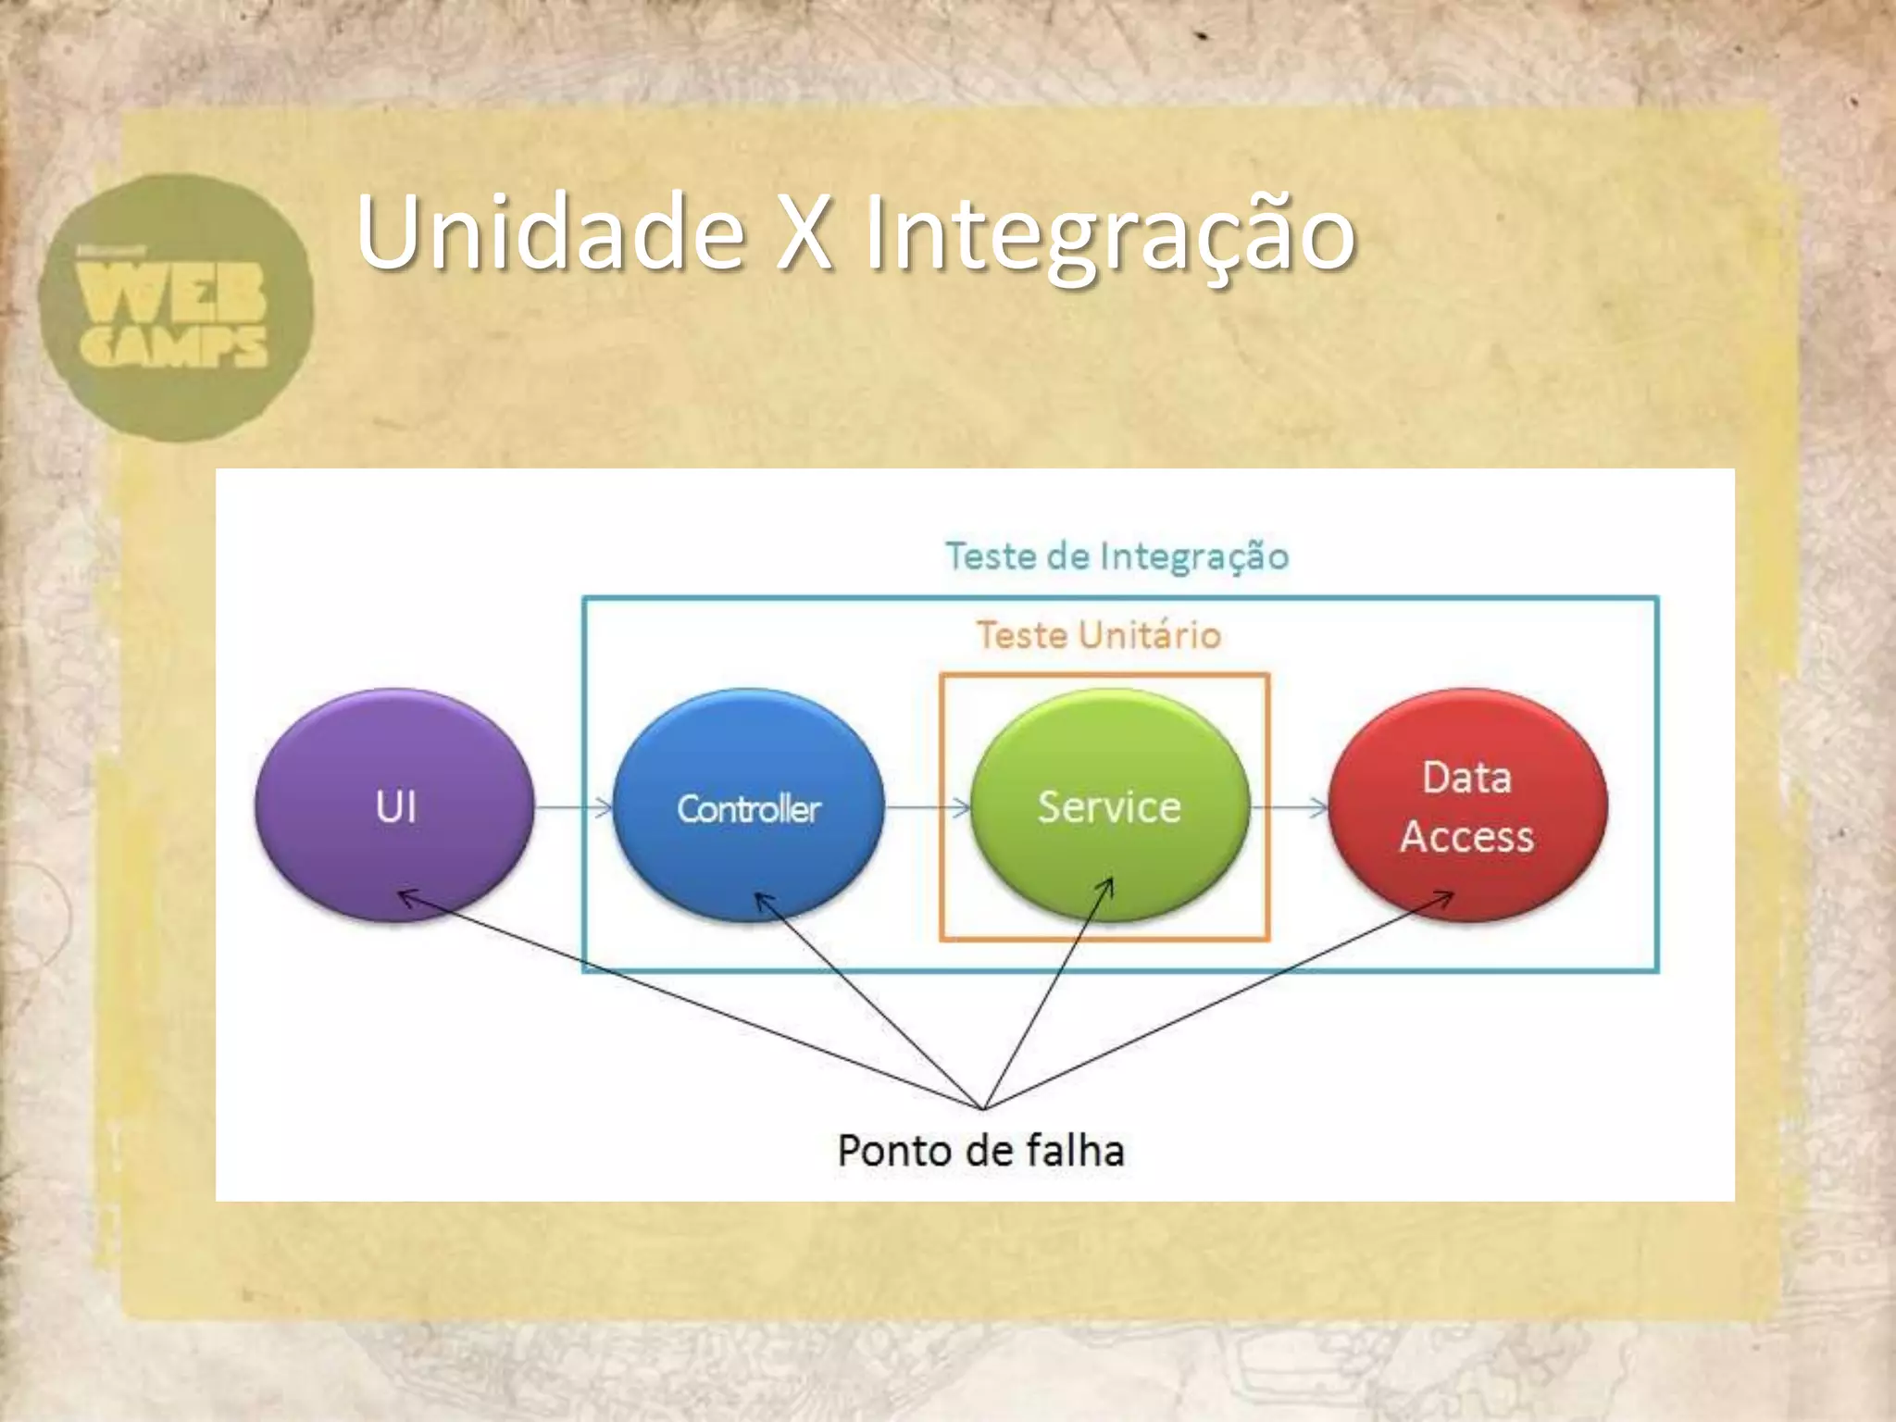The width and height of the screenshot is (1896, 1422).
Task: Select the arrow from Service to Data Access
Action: [1289, 808]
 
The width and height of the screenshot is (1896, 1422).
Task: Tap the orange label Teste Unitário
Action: [1099, 636]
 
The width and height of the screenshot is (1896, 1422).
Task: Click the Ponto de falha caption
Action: [980, 1151]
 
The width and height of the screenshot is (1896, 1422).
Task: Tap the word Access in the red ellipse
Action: [1466, 837]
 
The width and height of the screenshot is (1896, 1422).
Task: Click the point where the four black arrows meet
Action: [983, 1107]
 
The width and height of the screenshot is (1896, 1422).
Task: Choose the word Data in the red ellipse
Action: [1467, 778]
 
